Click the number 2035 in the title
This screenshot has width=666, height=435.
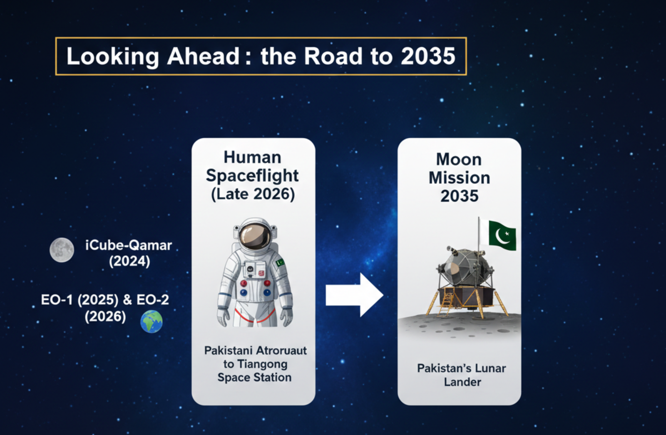(x=428, y=56)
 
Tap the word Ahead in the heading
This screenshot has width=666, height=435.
(x=203, y=56)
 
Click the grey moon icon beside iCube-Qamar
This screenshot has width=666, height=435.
(x=62, y=250)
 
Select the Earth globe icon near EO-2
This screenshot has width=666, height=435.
(x=152, y=322)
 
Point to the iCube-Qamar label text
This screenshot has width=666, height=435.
(x=128, y=245)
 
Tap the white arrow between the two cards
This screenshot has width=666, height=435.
(x=354, y=295)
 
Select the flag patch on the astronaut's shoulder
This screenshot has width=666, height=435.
(x=280, y=262)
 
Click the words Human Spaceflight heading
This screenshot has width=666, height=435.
(x=252, y=167)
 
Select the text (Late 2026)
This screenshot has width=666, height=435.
(x=253, y=194)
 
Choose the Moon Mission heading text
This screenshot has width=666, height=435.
(x=459, y=169)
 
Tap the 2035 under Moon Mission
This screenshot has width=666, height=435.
(x=460, y=196)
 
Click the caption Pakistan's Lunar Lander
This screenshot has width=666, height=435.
(x=462, y=375)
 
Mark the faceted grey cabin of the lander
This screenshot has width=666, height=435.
(x=463, y=266)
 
